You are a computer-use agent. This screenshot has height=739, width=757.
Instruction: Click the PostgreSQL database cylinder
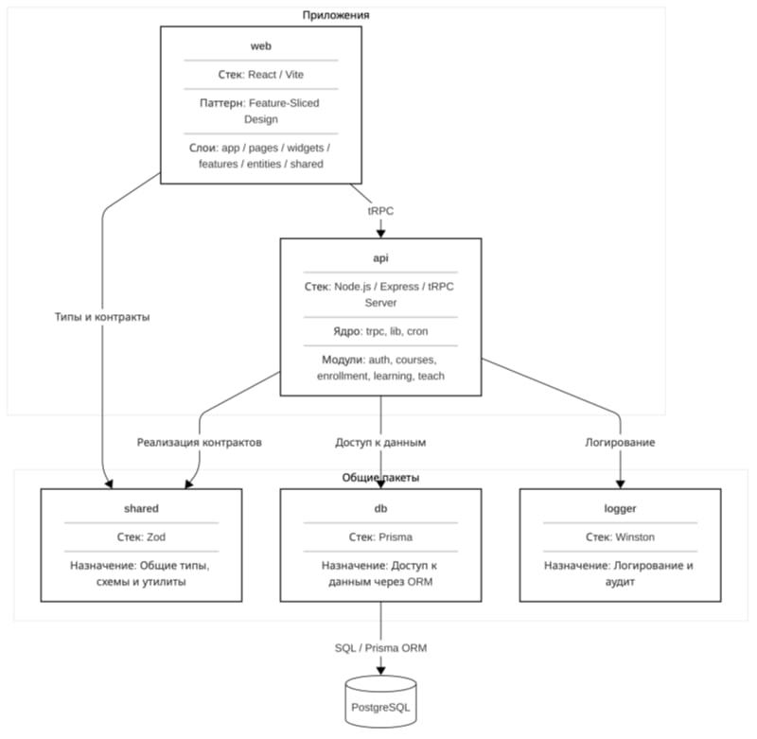click(x=380, y=701)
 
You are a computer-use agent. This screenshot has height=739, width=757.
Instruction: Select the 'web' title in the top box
click(x=261, y=46)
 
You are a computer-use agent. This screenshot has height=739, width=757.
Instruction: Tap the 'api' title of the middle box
click(x=380, y=258)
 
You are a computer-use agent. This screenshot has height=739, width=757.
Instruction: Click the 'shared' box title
click(x=141, y=508)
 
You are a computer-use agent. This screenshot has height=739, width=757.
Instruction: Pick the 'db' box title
click(x=380, y=508)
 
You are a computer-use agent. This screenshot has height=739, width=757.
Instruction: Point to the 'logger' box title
click(x=620, y=509)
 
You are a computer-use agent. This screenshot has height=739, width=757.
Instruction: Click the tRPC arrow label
click(x=380, y=211)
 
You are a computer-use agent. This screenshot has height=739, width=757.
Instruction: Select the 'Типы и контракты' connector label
click(x=102, y=317)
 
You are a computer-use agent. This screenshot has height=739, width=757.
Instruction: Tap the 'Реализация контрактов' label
click(x=199, y=443)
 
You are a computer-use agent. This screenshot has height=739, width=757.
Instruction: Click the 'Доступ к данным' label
click(x=380, y=443)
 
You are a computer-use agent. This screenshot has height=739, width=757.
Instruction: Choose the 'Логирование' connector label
click(x=620, y=443)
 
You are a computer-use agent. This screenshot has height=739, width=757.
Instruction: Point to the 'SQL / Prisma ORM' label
click(x=380, y=648)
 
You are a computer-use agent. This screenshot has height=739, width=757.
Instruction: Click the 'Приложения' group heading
click(x=336, y=15)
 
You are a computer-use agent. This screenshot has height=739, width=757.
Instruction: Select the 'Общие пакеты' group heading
click(x=380, y=478)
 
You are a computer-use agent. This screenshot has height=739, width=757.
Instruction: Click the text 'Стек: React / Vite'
click(x=261, y=75)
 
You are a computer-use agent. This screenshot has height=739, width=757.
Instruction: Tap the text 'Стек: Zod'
click(x=141, y=537)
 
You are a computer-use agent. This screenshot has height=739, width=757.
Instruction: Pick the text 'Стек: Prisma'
click(x=380, y=537)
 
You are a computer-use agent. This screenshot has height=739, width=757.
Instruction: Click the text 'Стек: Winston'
click(x=620, y=537)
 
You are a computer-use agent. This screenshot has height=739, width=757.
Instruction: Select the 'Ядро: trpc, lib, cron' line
click(x=380, y=331)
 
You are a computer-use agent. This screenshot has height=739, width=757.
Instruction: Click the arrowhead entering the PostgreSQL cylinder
click(x=380, y=671)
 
